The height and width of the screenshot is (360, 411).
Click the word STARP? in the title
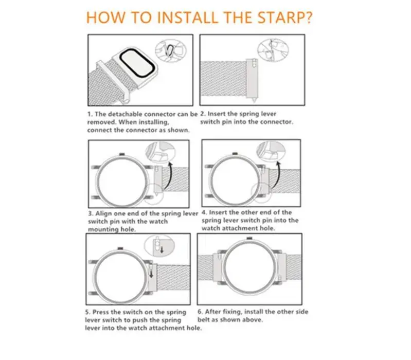coord(285,17)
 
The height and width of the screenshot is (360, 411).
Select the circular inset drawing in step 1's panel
coord(171,50)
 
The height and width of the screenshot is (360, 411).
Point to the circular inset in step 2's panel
coord(273,50)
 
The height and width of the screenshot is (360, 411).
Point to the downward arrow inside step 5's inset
coord(162,249)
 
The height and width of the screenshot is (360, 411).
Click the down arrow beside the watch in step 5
coord(151,274)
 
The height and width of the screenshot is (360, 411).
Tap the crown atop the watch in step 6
coord(249,239)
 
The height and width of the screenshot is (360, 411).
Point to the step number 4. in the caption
coord(204,212)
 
